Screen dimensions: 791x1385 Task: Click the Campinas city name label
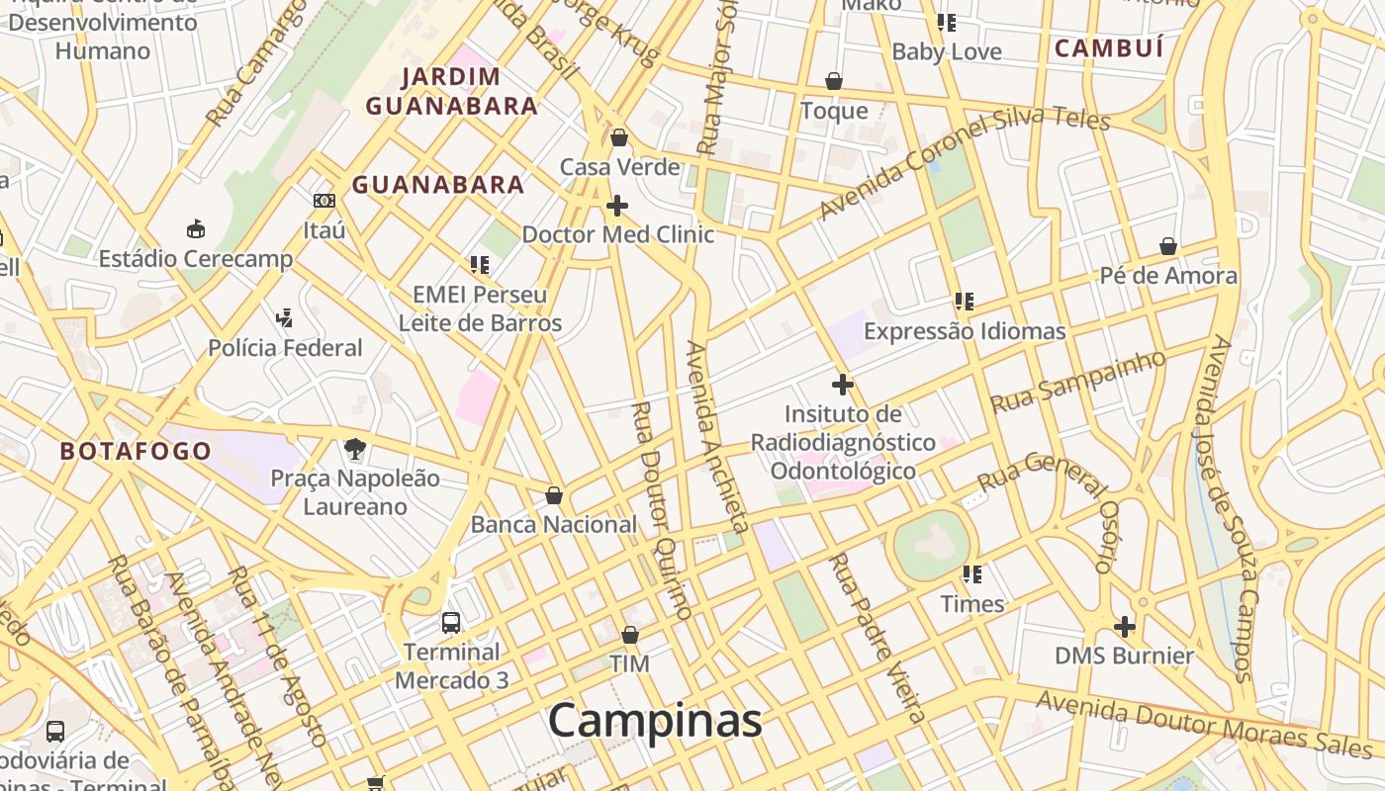point(654,721)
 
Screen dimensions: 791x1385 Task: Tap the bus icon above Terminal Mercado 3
point(451,622)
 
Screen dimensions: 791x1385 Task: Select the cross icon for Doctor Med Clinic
point(617,206)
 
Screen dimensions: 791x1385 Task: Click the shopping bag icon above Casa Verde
point(619,137)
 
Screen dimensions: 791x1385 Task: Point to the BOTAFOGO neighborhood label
point(136,452)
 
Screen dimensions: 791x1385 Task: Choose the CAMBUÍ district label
point(1108,47)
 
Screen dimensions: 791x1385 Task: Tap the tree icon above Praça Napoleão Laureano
point(355,449)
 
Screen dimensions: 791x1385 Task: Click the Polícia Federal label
point(285,348)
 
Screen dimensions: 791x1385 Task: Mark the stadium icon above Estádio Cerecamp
point(196,229)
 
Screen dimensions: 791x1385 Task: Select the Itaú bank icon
point(324,201)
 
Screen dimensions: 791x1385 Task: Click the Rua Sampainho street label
point(1078,382)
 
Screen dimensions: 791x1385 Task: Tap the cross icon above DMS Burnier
point(1125,626)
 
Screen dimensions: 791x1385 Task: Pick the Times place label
point(972,604)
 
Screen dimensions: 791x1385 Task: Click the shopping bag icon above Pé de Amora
point(1168,246)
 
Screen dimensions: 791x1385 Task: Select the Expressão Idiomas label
point(965,331)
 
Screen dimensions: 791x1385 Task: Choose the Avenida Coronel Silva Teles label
point(965,165)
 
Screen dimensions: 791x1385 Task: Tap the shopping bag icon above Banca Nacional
point(554,494)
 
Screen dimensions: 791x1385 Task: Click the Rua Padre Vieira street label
point(877,638)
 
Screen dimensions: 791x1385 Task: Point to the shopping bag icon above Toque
point(834,81)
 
